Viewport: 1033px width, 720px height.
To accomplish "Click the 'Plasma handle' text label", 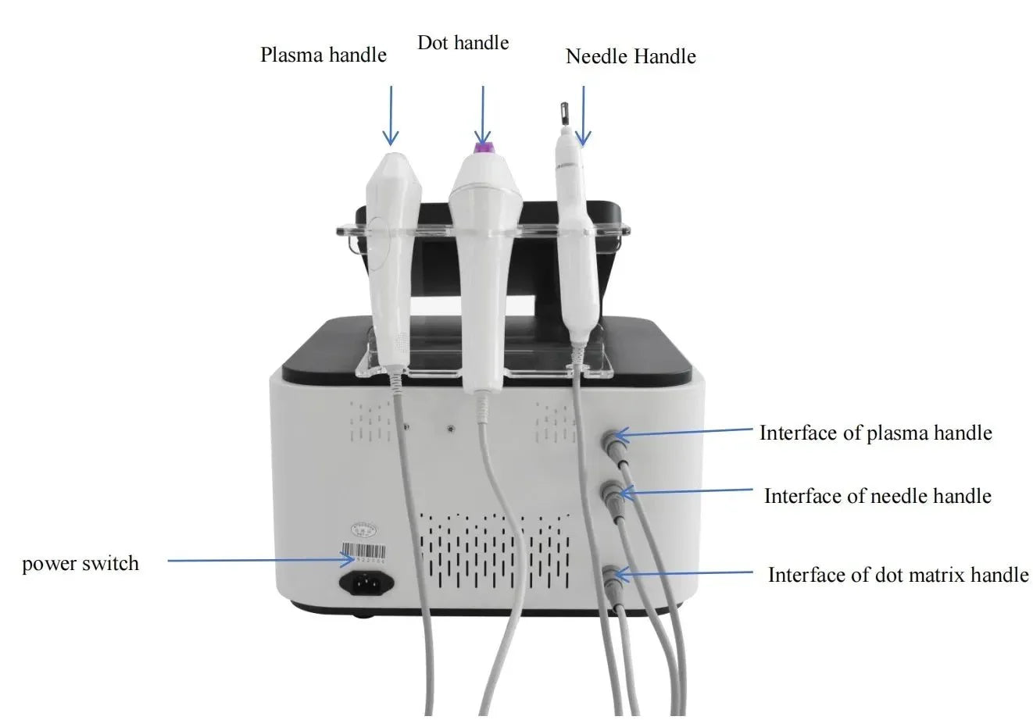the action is [x=323, y=55].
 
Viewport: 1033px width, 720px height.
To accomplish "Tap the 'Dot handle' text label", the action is [x=463, y=43].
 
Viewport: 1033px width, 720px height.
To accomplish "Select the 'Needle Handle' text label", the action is [x=631, y=57].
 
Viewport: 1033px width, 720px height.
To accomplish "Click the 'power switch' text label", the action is [x=80, y=564].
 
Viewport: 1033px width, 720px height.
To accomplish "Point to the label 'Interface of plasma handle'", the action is [x=876, y=433].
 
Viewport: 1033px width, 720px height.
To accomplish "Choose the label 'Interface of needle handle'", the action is [x=878, y=496].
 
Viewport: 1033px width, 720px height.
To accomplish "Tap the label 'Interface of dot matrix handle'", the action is [x=898, y=575].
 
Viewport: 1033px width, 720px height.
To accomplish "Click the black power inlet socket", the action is [x=366, y=583].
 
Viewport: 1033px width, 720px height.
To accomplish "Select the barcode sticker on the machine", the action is [x=363, y=553].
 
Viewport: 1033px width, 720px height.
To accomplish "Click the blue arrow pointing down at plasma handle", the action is [x=391, y=116].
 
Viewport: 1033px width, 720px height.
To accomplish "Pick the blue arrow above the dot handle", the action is [x=483, y=116].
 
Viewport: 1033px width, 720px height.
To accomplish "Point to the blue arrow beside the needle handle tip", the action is [x=584, y=116].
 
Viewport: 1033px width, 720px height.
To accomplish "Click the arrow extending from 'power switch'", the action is [x=262, y=560].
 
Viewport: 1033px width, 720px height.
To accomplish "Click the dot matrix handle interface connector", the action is [x=611, y=577].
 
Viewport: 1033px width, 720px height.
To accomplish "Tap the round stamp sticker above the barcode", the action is [x=364, y=530].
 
